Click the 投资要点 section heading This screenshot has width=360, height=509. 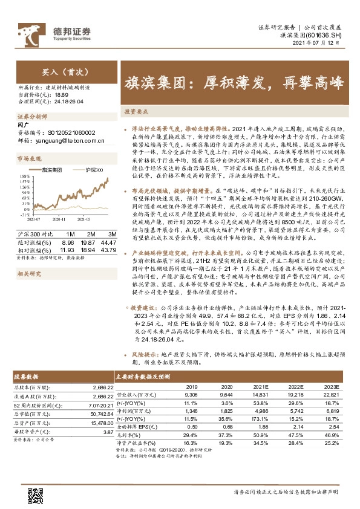pyautogui.click(x=137, y=112)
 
